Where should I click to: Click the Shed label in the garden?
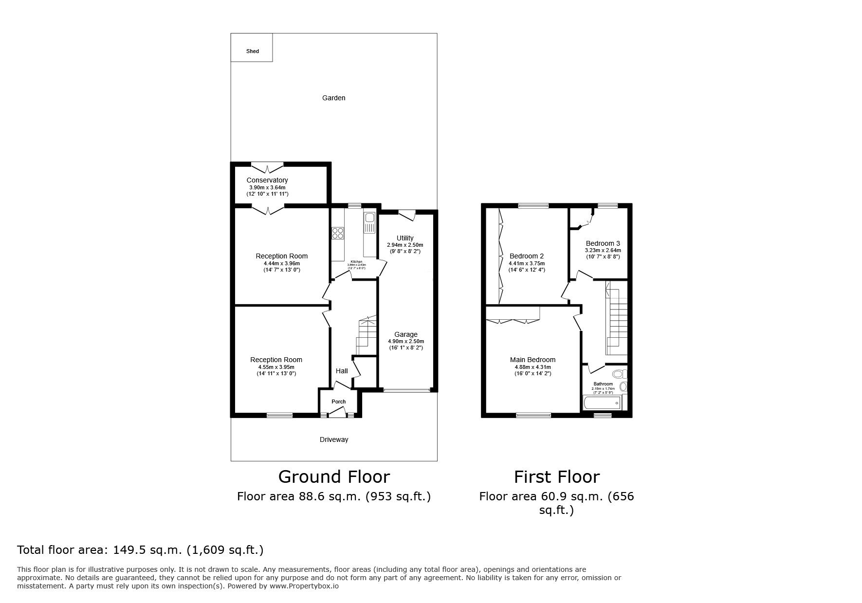click(252, 51)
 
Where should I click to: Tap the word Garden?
click(333, 98)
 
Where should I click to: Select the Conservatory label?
click(267, 180)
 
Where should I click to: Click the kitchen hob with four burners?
click(337, 234)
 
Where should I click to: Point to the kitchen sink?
click(369, 218)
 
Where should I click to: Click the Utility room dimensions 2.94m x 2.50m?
click(405, 245)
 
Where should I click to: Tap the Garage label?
click(405, 334)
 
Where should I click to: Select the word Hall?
click(342, 371)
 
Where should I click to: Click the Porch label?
click(338, 402)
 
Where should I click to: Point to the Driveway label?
click(333, 439)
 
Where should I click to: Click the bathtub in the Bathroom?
click(602, 403)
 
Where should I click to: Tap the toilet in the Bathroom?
click(619, 374)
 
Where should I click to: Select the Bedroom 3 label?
click(603, 243)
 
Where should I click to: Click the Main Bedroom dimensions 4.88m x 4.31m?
click(532, 367)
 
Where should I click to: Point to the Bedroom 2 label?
click(527, 256)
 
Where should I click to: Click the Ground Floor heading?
click(333, 476)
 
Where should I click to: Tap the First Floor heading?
click(556, 476)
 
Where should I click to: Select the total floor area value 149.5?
click(127, 550)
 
